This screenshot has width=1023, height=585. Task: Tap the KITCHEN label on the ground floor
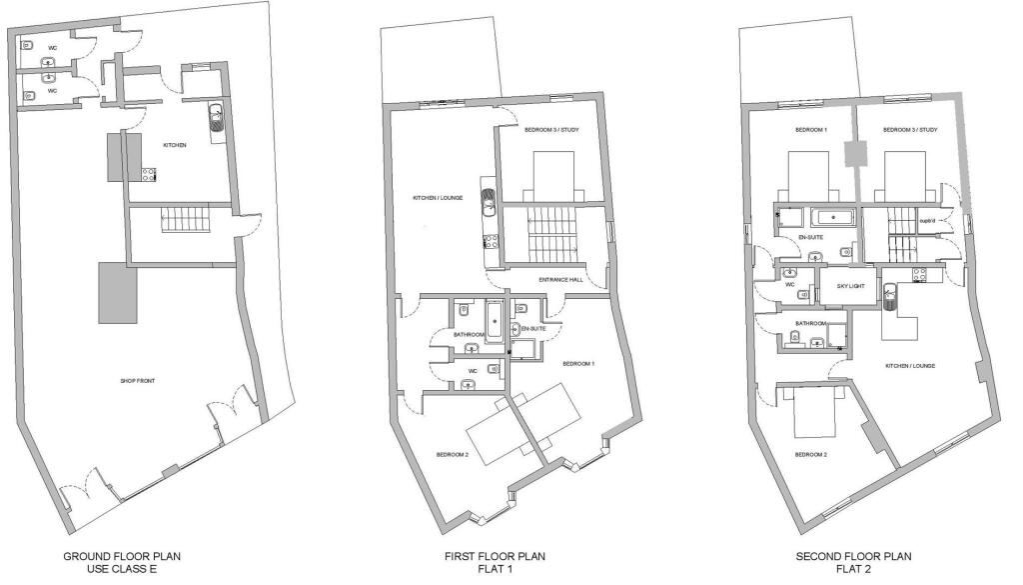point(176,145)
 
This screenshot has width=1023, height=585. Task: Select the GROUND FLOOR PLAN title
point(122,556)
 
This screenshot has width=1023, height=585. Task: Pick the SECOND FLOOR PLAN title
point(853,556)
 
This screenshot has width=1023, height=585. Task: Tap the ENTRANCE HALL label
point(559,280)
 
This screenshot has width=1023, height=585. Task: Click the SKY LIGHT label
point(835,287)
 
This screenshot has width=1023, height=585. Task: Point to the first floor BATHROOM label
point(469,335)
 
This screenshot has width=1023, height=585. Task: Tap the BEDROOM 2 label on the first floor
point(453,455)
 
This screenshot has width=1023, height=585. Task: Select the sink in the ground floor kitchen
point(216,120)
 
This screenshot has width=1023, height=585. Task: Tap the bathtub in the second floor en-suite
point(832,217)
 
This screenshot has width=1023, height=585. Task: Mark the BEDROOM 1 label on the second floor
point(810,130)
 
